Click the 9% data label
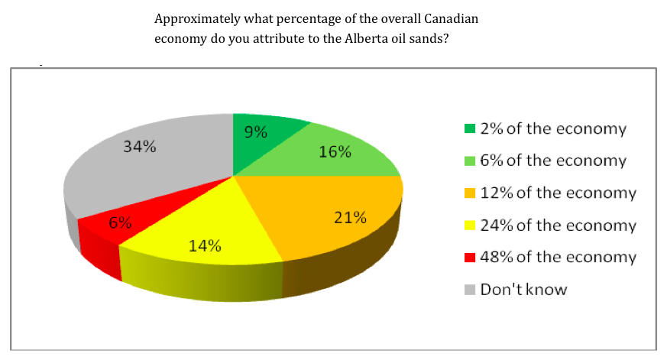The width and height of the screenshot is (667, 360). point(256,132)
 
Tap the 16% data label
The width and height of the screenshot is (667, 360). point(335,151)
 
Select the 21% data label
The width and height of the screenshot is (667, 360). point(351,218)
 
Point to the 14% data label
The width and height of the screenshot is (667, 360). point(206,246)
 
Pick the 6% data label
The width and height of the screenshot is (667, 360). point(120,224)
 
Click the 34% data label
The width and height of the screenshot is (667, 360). point(140,148)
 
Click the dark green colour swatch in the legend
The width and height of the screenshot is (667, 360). point(470,128)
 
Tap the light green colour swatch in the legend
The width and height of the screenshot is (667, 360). point(470,161)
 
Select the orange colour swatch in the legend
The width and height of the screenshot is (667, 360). point(470,193)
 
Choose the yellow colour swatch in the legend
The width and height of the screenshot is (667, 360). point(470,225)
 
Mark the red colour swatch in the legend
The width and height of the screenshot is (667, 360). point(470,258)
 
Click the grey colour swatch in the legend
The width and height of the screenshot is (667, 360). point(470,290)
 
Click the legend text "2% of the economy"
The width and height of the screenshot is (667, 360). point(553,128)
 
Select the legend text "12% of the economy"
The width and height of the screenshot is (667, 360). point(558,193)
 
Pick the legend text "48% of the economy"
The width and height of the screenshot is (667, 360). point(558,257)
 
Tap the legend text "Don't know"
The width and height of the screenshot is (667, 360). point(523,290)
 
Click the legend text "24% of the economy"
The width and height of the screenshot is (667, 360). point(558,225)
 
